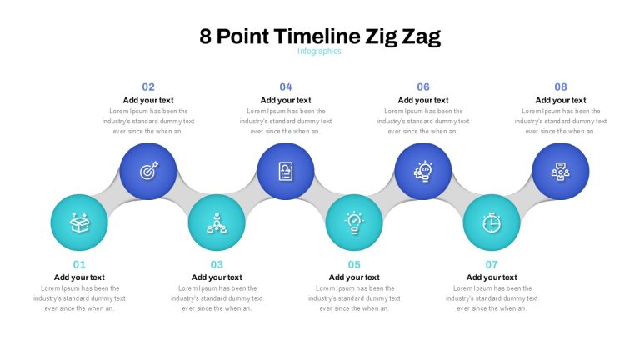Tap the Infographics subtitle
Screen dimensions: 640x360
click(319, 52)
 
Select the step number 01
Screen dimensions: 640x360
click(79, 264)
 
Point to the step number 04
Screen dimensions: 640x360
click(286, 87)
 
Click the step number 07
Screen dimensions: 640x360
click(492, 264)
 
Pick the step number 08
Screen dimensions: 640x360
click(560, 87)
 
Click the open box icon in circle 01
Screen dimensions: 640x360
click(79, 222)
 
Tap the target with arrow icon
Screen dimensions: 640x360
click(148, 171)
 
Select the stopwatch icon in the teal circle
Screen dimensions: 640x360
click(492, 222)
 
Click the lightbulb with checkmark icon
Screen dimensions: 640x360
click(354, 222)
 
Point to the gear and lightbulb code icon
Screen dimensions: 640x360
click(423, 171)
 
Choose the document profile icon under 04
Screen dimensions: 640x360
click(286, 171)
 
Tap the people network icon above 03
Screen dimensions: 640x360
click(217, 222)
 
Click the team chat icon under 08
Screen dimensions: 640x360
click(561, 172)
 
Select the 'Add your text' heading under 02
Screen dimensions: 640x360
click(148, 100)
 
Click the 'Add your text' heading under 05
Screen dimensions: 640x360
click(354, 277)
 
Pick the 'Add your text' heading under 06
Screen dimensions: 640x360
click(423, 100)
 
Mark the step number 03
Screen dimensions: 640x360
click(217, 264)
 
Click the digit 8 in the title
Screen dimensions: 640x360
click(205, 37)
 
